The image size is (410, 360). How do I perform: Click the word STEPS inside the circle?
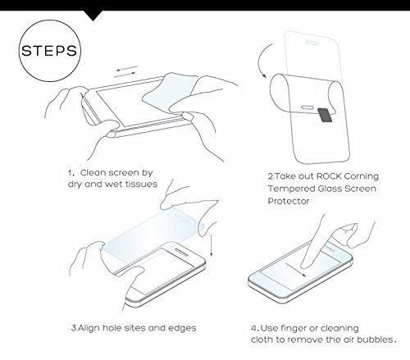click(49, 51)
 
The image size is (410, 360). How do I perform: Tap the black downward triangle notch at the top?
click(93, 15)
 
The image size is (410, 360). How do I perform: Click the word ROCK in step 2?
click(329, 176)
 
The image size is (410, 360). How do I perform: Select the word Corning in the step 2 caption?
click(362, 177)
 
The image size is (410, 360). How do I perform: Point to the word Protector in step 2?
click(289, 201)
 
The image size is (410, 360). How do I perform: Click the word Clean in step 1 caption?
click(93, 173)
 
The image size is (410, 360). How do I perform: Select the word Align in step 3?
click(89, 328)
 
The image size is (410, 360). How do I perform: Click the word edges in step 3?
click(182, 328)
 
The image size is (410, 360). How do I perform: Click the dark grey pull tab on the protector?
click(325, 115)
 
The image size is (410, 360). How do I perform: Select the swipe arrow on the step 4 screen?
click(296, 270)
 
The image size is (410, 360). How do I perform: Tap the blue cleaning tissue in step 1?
click(170, 92)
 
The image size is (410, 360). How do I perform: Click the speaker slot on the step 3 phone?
click(181, 253)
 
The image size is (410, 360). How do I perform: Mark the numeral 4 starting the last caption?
click(253, 328)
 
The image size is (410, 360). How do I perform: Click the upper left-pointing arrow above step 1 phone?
click(126, 68)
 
